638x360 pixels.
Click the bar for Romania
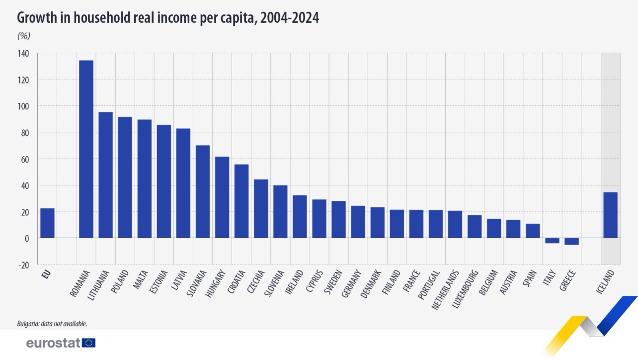click(x=86, y=149)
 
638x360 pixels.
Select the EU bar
click(x=47, y=223)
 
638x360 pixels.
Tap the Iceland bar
click(x=611, y=215)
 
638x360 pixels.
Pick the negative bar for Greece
click(x=571, y=241)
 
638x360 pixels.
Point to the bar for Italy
click(x=552, y=241)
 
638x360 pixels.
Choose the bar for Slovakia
click(x=203, y=191)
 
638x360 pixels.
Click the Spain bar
click(x=533, y=231)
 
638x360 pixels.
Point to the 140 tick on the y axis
click(x=23, y=53)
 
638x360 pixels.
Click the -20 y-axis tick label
click(x=23, y=265)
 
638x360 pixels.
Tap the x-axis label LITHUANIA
click(x=99, y=286)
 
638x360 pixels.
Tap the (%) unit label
click(x=24, y=36)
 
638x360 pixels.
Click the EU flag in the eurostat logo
click(x=89, y=343)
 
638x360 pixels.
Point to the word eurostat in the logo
click(x=54, y=343)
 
